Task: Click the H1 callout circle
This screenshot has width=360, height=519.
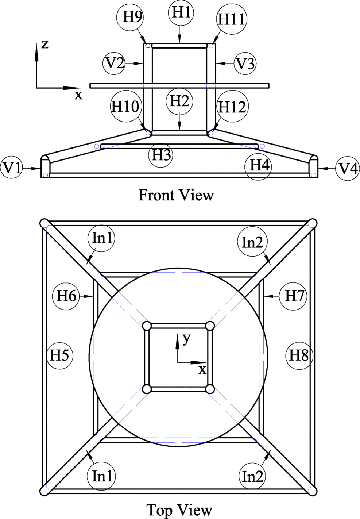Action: pyautogui.click(x=181, y=13)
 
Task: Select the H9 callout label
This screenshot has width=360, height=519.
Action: pyautogui.click(x=132, y=17)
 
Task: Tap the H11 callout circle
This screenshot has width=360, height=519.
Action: pyautogui.click(x=232, y=19)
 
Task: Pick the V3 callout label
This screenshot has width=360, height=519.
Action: pyautogui.click(x=245, y=64)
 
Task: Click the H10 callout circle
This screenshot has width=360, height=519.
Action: pyautogui.click(x=125, y=107)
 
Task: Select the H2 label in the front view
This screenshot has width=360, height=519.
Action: pyautogui.click(x=180, y=101)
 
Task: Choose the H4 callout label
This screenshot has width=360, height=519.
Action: pyautogui.click(x=259, y=166)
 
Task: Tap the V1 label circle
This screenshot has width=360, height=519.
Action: pyautogui.click(x=12, y=168)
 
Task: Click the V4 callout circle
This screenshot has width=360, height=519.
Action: pyautogui.click(x=348, y=168)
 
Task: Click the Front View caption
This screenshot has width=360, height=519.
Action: pyautogui.click(x=176, y=195)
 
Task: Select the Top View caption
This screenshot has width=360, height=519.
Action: pyautogui.click(x=179, y=510)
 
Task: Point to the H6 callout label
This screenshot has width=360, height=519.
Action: pyautogui.click(x=67, y=296)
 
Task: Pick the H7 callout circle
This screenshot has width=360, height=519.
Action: pyautogui.click(x=294, y=296)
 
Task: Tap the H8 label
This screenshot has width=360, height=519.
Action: pyautogui.click(x=299, y=355)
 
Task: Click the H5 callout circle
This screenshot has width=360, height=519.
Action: pyautogui.click(x=59, y=355)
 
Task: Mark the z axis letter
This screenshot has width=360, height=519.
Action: pyautogui.click(x=45, y=44)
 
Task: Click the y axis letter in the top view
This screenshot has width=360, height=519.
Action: pyautogui.click(x=186, y=339)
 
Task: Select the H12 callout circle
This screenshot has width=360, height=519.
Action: pyautogui.click(x=232, y=107)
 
